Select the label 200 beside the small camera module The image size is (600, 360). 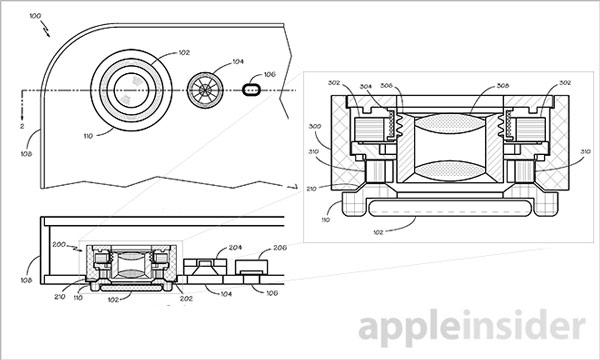tap(58, 244)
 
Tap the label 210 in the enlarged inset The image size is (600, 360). tap(311, 186)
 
